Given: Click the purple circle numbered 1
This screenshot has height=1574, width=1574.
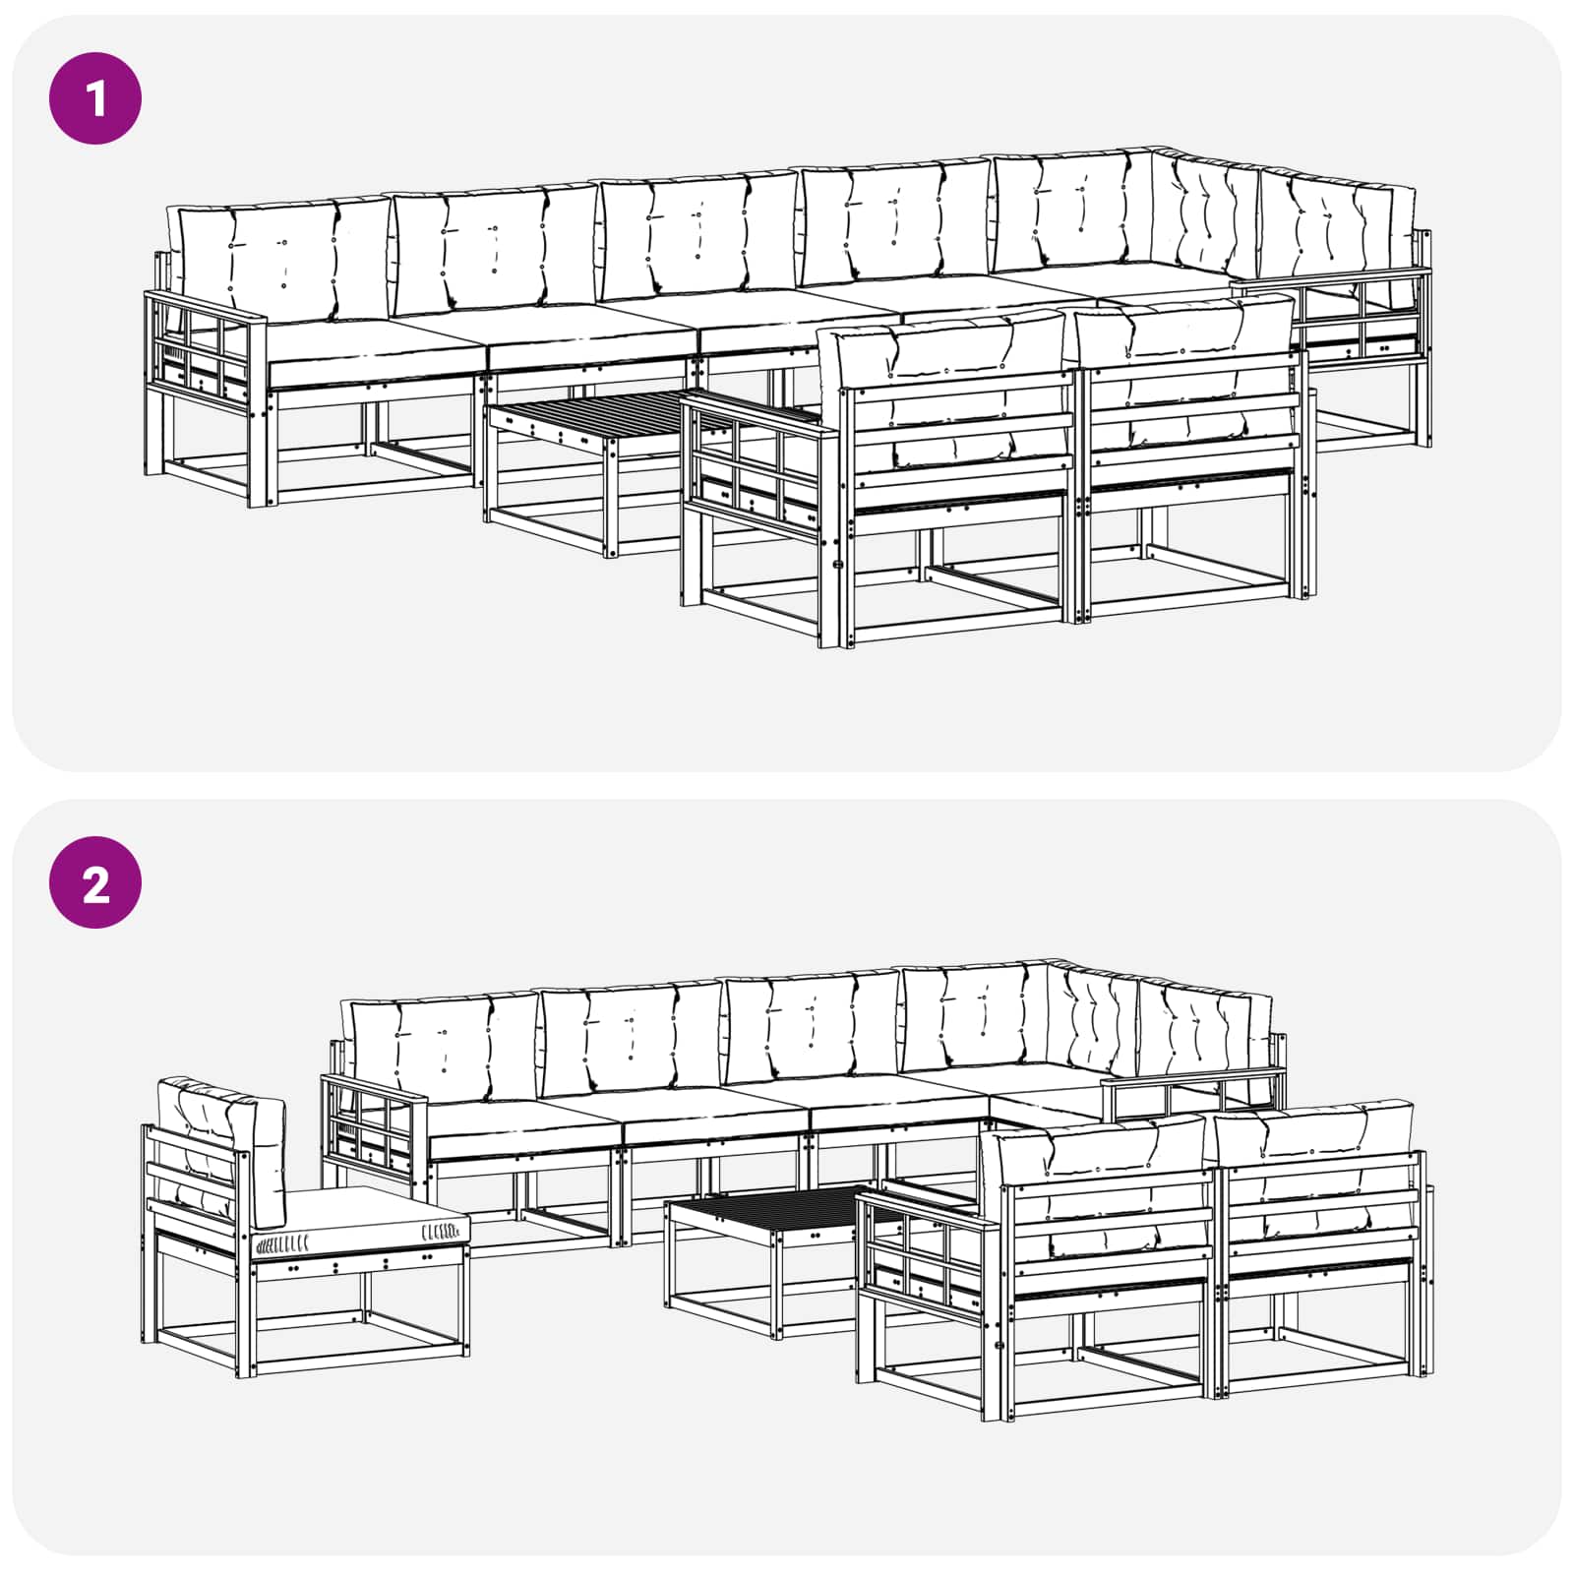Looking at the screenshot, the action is [x=95, y=98].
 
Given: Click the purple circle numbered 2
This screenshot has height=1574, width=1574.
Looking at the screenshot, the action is [x=95, y=882].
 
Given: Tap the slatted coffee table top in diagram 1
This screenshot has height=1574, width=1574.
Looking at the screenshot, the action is [x=610, y=414].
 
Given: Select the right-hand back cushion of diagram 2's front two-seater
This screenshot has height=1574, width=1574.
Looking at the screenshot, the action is [x=1314, y=1171].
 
